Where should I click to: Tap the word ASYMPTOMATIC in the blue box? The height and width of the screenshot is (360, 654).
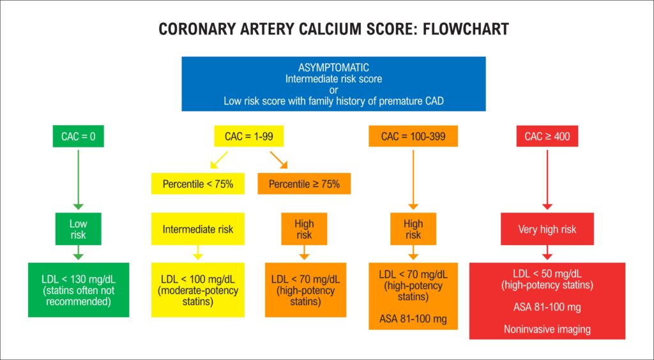point(333,68)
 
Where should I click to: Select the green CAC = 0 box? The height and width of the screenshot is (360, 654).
point(79,136)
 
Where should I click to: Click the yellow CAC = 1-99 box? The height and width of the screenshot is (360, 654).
point(249,136)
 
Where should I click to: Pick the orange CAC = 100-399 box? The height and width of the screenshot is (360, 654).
point(413,136)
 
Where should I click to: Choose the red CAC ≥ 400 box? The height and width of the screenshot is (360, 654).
point(547,136)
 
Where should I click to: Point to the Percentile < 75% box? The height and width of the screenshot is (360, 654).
point(198,184)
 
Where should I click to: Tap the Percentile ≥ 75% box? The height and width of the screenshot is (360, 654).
point(304,184)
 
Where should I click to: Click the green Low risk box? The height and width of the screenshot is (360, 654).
point(79,229)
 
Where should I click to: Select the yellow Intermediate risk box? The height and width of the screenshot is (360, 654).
point(198,229)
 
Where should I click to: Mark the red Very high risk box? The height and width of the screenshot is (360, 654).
point(547,229)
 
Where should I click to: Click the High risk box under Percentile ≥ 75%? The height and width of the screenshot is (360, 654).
point(304,229)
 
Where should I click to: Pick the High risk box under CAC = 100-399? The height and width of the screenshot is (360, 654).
point(413,229)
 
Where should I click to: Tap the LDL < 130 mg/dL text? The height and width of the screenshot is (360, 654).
point(79,279)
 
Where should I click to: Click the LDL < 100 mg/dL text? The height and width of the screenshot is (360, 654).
point(198,279)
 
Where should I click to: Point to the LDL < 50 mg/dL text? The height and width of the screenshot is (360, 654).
point(547,274)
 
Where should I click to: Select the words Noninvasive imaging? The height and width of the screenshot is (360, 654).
point(547,329)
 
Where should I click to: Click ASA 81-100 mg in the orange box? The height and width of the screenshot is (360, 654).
point(413,319)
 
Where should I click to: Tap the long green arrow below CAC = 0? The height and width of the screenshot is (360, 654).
point(79,179)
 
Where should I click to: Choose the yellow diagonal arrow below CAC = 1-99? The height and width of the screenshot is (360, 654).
point(219,160)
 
